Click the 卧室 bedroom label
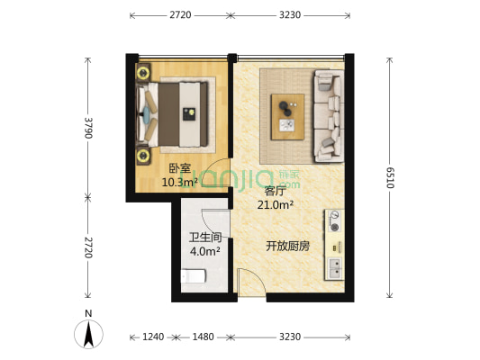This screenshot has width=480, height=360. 178,168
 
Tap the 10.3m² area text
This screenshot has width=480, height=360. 178,182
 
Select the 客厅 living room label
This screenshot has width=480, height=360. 275,191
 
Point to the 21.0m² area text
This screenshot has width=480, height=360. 275,205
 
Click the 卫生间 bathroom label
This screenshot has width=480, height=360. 203,238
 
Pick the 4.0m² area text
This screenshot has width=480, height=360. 203,251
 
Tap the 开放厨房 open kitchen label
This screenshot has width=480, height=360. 287,246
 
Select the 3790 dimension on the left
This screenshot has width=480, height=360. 87,129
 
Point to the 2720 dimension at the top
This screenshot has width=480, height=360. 178,15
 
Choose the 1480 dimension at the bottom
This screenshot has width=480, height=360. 203,337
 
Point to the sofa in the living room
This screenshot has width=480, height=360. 328,114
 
